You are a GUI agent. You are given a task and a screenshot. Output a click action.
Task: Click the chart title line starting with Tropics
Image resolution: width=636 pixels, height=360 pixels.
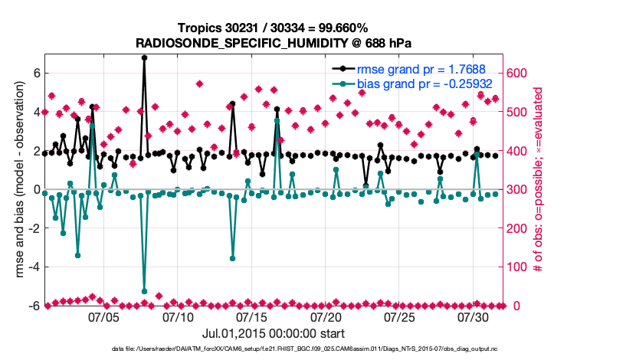[x=274, y=28]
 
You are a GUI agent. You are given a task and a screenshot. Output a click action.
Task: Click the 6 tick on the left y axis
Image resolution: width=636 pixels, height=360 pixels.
[x=35, y=73]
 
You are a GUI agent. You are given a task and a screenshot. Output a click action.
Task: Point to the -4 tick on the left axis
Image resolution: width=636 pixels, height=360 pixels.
[x=32, y=267]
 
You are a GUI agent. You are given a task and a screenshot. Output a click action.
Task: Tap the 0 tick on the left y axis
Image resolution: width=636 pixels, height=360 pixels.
[x=35, y=189]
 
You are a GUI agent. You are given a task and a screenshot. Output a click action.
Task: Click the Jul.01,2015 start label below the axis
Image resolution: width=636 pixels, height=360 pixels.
[x=273, y=334]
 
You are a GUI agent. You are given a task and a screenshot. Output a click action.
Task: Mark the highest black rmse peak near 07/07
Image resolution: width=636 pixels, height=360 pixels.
[x=144, y=57]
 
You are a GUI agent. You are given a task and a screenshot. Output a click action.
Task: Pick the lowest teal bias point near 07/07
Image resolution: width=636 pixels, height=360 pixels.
[x=144, y=291]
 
